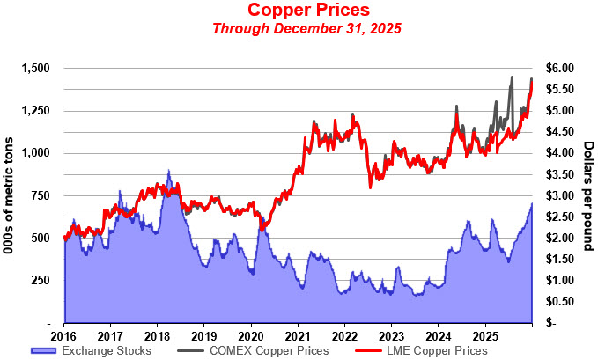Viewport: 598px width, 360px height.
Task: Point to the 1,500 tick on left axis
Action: [38, 68]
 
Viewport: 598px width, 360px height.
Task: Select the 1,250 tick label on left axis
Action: [38, 110]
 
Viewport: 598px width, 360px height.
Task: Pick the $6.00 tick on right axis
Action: [559, 68]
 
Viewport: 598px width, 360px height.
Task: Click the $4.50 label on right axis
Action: [559, 132]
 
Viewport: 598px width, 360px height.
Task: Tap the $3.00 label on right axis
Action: [559, 195]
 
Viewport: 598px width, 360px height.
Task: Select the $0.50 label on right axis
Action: [559, 302]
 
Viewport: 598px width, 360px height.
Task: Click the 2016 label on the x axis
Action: [64, 335]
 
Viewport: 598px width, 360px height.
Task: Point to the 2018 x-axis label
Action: [158, 335]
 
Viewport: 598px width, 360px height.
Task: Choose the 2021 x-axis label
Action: [298, 335]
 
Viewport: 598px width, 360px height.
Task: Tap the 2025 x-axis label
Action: [484, 335]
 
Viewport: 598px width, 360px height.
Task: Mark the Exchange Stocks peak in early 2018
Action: [168, 172]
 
